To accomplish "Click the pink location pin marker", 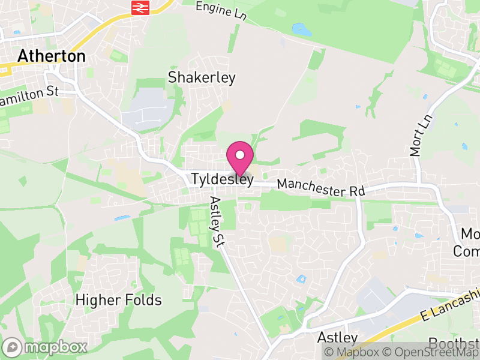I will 240,159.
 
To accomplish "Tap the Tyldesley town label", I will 223,179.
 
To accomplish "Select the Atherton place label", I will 52,56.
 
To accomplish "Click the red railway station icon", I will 140,7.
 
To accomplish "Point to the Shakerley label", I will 202,77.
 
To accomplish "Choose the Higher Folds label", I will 119,299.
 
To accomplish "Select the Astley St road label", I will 217,221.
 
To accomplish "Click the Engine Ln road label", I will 221,10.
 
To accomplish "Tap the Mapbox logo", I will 45,347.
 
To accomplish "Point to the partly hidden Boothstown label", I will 454,343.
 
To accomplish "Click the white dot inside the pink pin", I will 240,155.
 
